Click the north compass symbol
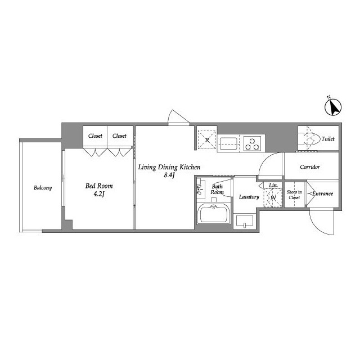tap(333, 106)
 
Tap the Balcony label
tap(43, 188)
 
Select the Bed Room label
tap(99, 186)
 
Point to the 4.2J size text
tap(99, 194)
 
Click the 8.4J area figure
tap(169, 175)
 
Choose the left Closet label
tap(95, 136)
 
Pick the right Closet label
tap(119, 136)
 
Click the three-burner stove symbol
tap(253, 143)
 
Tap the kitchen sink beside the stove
tap(228, 143)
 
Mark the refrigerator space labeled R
tap(207, 139)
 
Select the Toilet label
tap(328, 139)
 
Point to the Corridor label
tap(310, 167)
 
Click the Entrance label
tap(322, 193)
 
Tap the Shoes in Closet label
tap(294, 195)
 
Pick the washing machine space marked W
tap(273, 197)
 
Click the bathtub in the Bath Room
tap(214, 214)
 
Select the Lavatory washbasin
tap(245, 221)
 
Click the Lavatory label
tap(249, 197)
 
